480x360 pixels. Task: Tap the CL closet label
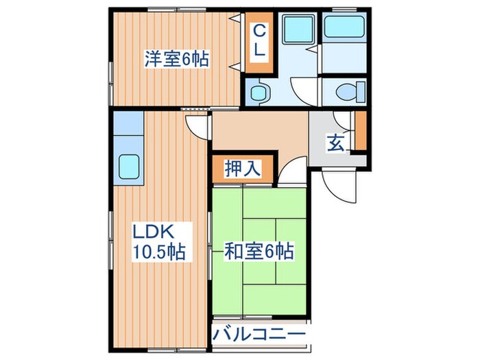click(261, 41)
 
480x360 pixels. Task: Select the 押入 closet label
click(243, 169)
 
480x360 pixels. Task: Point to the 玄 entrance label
click(335, 143)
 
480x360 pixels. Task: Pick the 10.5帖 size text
click(158, 252)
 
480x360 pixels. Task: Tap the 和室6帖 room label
click(260, 252)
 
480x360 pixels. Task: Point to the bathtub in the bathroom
click(345, 27)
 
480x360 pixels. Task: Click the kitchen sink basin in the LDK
click(130, 167)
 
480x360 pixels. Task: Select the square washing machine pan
click(298, 29)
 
